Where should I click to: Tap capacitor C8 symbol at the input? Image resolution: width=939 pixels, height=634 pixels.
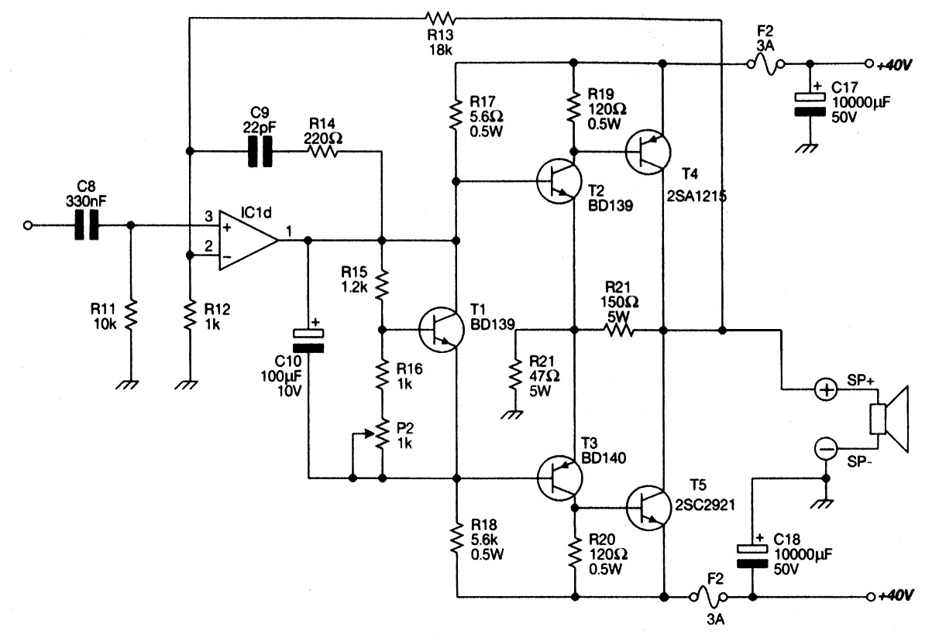[87, 225]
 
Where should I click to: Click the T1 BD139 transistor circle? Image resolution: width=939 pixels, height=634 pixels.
[442, 330]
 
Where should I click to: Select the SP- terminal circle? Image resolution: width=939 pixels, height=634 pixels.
[826, 448]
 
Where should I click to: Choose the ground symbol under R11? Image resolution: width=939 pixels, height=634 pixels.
[130, 382]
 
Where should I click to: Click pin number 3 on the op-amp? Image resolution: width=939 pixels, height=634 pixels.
[208, 214]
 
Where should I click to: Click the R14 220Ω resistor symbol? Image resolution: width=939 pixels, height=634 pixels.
[324, 152]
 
